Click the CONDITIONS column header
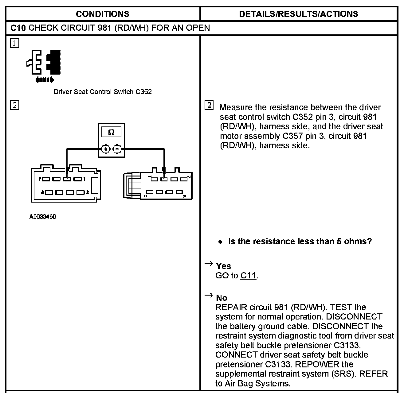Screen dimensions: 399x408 pyautogui.click(x=102, y=14)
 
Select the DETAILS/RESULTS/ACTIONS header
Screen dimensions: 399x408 pyautogui.click(x=298, y=14)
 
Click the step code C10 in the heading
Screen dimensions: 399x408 pyautogui.click(x=18, y=28)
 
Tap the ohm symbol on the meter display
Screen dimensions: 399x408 pyautogui.click(x=112, y=132)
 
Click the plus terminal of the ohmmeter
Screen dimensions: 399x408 pyautogui.click(x=106, y=149)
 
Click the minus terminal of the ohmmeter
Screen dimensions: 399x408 pyautogui.click(x=117, y=149)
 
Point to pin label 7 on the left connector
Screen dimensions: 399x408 pyautogui.click(x=40, y=179)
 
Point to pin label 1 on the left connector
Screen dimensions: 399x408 pyautogui.click(x=84, y=179)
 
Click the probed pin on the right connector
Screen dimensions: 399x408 pyautogui.click(x=164, y=179)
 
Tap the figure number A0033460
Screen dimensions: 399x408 pyautogui.click(x=43, y=217)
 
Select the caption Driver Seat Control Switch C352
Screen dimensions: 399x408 pyautogui.click(x=103, y=92)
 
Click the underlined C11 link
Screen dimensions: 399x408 pyautogui.click(x=248, y=276)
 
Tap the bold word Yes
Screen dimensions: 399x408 pyautogui.click(x=223, y=266)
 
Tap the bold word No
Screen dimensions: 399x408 pyautogui.click(x=222, y=298)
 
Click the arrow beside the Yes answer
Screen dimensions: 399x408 pyautogui.click(x=209, y=264)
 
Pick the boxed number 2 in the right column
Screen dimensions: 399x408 pyautogui.click(x=209, y=106)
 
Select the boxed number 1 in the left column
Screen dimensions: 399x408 pyautogui.click(x=14, y=43)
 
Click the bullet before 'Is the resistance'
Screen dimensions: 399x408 pyautogui.click(x=220, y=242)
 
